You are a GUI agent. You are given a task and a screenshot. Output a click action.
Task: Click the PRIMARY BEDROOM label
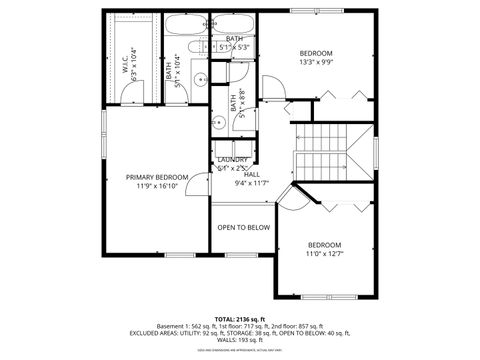coord(157,177)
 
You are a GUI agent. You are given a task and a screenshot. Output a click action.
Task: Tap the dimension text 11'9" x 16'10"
coord(157,186)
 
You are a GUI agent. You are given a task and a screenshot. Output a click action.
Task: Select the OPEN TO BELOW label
coord(244,227)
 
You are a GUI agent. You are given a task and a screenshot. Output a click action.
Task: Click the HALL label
coord(252,174)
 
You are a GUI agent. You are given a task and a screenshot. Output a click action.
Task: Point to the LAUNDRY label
coord(233,159)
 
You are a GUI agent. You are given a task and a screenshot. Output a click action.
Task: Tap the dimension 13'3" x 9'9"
coord(317,62)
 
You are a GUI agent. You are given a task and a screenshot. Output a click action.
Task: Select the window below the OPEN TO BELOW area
coord(243,255)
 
